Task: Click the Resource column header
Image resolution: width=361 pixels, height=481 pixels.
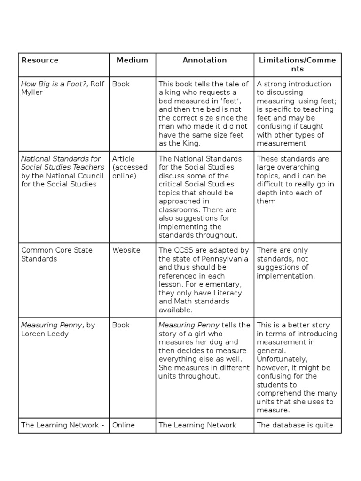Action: pyautogui.click(x=40, y=60)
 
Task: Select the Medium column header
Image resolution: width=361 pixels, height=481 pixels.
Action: pyautogui.click(x=132, y=60)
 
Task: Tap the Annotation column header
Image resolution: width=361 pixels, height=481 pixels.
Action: pyautogui.click(x=204, y=60)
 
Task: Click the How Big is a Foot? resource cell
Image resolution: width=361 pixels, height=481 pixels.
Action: pyautogui.click(x=63, y=88)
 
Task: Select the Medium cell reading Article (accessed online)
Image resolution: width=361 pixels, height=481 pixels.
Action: pyautogui.click(x=130, y=167)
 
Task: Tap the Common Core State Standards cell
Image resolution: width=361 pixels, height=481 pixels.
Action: pyautogui.click(x=57, y=255)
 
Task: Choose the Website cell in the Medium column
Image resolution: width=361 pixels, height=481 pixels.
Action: pyautogui.click(x=126, y=250)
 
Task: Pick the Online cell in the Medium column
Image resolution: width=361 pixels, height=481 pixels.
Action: pyautogui.click(x=123, y=425)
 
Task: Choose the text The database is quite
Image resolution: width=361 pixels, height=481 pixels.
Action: pyautogui.click(x=295, y=425)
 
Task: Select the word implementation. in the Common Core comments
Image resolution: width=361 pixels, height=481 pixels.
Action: pyautogui.click(x=285, y=276)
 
